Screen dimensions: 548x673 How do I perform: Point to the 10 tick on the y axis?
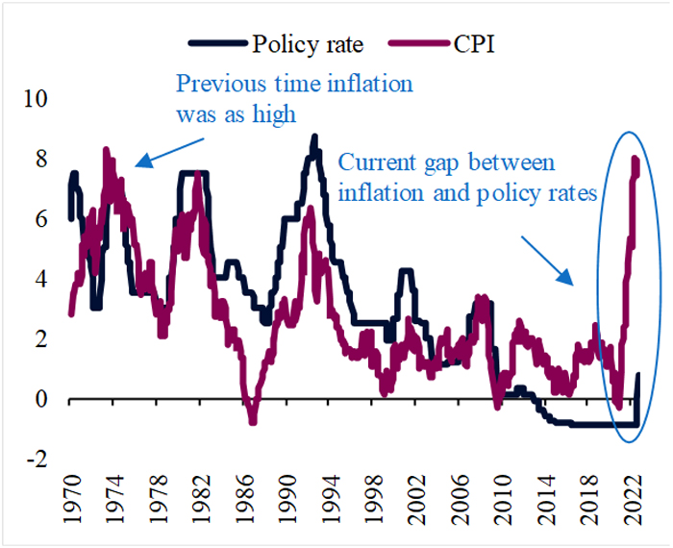click(x=36, y=99)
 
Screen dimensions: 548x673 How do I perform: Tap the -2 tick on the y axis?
click(x=37, y=460)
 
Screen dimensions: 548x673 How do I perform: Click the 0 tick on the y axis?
click(x=41, y=399)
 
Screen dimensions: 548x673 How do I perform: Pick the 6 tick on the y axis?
click(x=41, y=219)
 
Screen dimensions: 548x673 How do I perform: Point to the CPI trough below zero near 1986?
click(x=253, y=420)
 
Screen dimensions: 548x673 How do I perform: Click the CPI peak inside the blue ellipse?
click(x=635, y=160)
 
